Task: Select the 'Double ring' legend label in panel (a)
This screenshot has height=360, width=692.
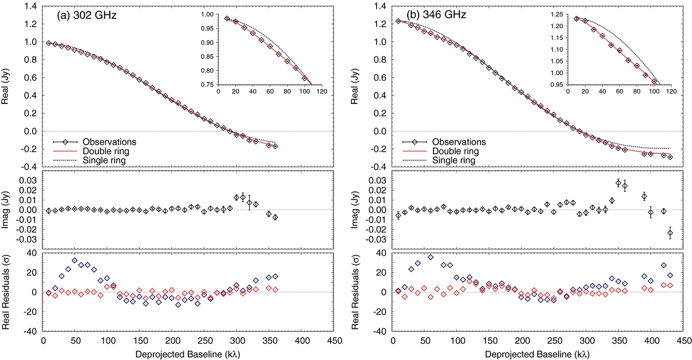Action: click(x=109, y=151)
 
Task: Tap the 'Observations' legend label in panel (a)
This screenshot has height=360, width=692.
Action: click(x=110, y=142)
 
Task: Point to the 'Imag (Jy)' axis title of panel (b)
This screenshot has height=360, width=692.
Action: click(x=357, y=210)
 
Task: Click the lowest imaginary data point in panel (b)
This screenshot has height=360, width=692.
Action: click(x=670, y=233)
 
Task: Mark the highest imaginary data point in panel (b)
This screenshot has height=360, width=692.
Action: click(x=618, y=183)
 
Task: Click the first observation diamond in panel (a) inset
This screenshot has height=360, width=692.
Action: click(x=227, y=18)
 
